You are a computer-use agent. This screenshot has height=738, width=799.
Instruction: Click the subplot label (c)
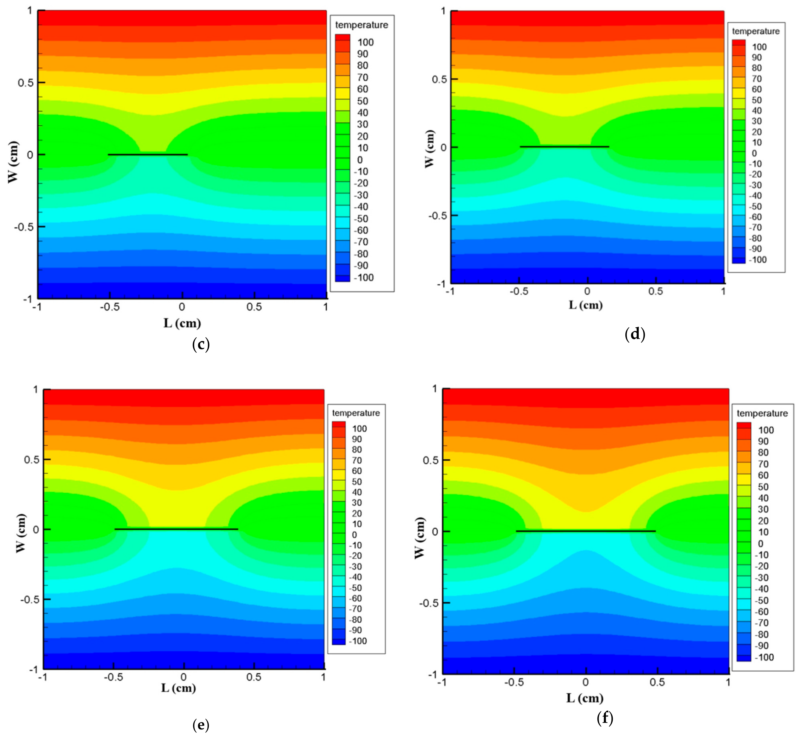coord(201,344)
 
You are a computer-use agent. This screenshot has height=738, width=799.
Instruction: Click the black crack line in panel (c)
coord(148,155)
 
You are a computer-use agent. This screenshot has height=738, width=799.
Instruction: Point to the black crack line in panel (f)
coord(586,531)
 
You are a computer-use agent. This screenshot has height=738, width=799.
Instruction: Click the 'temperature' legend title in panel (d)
coord(755,31)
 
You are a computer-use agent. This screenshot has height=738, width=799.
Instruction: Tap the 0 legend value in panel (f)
coord(761,544)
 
